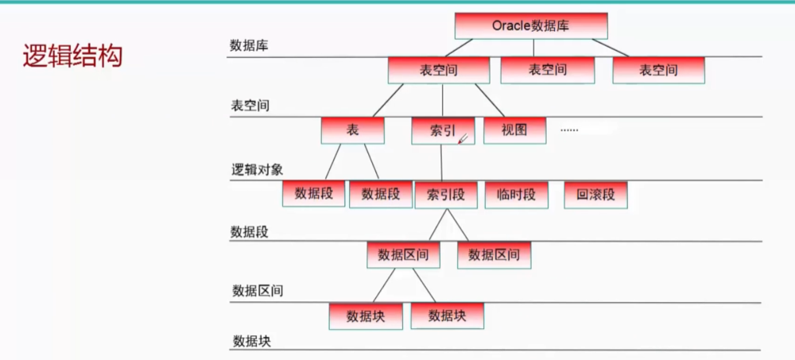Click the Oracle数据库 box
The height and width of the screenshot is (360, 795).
[531, 25]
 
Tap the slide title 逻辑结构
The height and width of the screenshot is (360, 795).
[72, 56]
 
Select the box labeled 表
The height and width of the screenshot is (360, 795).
[353, 130]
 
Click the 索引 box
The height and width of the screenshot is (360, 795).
[442, 131]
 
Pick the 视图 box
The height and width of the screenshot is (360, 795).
[514, 130]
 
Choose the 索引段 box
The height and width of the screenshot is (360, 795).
[446, 194]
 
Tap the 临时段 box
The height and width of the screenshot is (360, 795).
[517, 194]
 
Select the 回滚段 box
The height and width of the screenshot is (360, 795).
[595, 194]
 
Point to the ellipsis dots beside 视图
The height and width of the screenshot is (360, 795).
[569, 129]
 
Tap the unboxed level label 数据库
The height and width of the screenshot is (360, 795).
[249, 45]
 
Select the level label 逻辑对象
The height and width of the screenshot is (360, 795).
[257, 169]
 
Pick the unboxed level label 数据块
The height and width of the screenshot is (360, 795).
[253, 341]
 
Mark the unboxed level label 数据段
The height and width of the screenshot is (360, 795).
[250, 231]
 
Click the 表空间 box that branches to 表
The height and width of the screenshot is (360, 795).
[436, 70]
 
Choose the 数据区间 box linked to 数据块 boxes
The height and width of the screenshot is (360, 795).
[403, 255]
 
